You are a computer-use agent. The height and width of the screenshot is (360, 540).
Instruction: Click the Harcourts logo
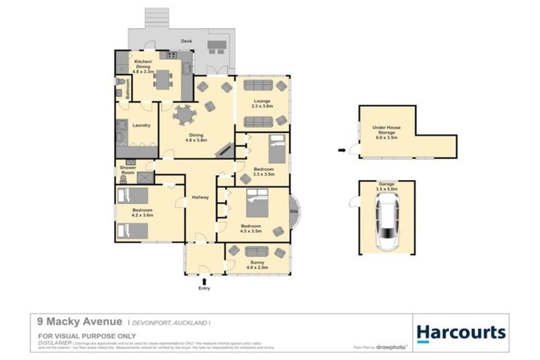[x=461, y=332]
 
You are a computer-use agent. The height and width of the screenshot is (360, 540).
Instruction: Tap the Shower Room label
[x=127, y=169]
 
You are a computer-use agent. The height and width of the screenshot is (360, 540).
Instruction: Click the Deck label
[x=186, y=41]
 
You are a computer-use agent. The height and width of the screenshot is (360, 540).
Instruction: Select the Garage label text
[x=387, y=186]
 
